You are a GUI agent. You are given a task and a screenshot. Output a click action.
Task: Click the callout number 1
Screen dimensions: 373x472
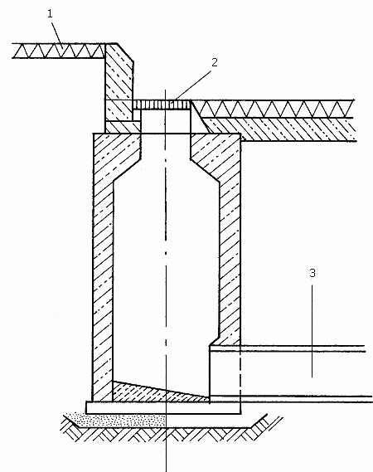tap(51, 14)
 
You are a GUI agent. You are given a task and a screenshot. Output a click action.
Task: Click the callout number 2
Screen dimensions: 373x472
tap(214, 62)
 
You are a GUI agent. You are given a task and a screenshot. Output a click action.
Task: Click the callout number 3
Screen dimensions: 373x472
tap(312, 273)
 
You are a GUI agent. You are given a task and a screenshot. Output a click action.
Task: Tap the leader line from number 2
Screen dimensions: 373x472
tap(194, 85)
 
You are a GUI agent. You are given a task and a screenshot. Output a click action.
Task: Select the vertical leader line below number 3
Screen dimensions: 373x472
tap(312, 331)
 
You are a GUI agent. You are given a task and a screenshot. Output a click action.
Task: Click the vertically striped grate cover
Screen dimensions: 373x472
tap(162, 105)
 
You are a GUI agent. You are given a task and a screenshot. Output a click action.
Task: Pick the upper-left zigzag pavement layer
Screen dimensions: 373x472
tap(59, 51)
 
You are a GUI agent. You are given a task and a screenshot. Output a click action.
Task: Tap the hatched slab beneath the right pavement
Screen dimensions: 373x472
tap(280, 129)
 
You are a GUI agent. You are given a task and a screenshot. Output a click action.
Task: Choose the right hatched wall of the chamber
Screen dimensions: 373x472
tap(230, 241)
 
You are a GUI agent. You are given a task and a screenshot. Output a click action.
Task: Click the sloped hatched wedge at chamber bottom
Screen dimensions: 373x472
tap(157, 393)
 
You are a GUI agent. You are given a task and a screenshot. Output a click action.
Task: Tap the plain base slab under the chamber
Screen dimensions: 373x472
tap(163, 407)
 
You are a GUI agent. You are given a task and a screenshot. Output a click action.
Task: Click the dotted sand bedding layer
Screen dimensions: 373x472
tap(119, 421)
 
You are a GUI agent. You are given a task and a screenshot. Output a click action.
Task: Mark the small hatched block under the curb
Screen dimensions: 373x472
tap(123, 127)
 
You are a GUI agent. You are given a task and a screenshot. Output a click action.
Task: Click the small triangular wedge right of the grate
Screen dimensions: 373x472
tap(199, 118)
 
